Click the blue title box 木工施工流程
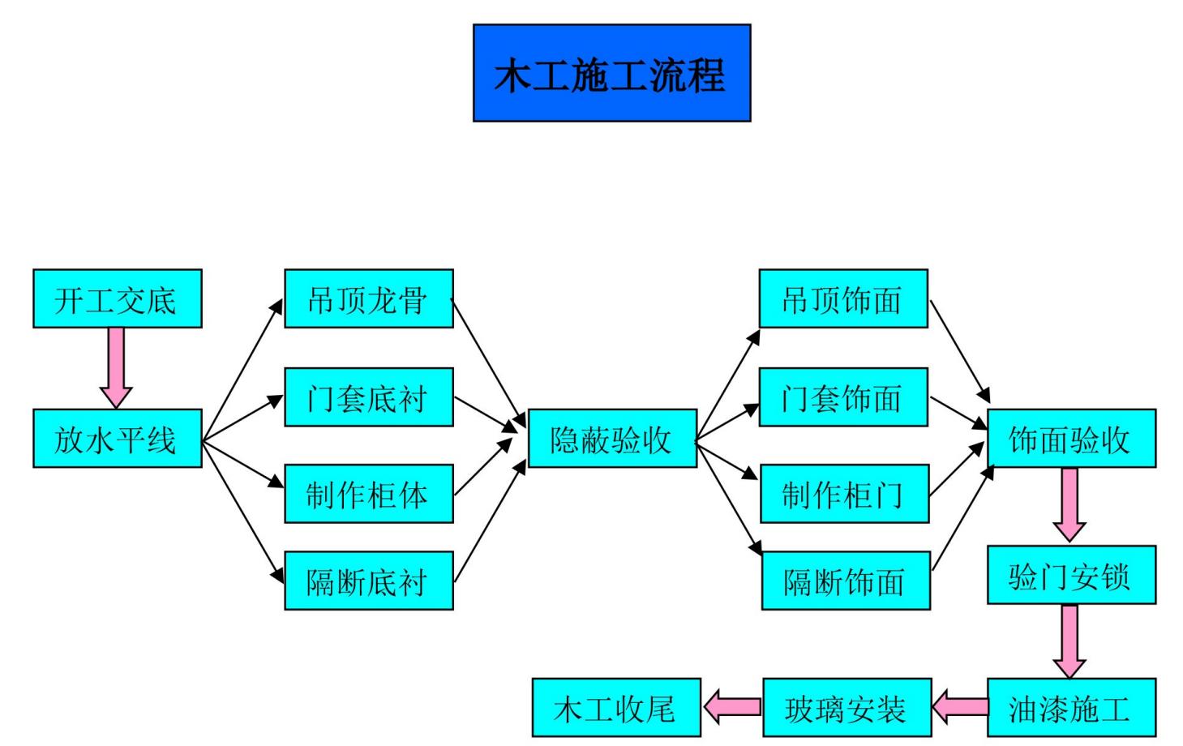click(x=611, y=73)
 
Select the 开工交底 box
click(x=118, y=299)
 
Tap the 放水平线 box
click(x=118, y=439)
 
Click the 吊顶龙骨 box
click(x=369, y=299)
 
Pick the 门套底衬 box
click(x=369, y=397)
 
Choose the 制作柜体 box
click(x=369, y=494)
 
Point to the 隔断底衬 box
click(x=369, y=581)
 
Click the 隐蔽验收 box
click(x=612, y=439)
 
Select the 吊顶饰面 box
click(x=843, y=299)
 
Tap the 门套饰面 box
click(x=843, y=397)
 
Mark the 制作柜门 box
click(x=843, y=494)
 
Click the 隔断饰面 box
click(x=846, y=581)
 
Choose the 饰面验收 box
click(x=1071, y=439)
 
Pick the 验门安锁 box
click(x=1071, y=576)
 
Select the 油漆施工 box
click(x=1071, y=708)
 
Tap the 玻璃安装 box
click(x=847, y=708)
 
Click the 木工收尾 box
click(x=616, y=708)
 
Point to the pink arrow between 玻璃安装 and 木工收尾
click(x=732, y=707)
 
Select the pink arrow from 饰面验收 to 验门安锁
click(x=1069, y=504)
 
